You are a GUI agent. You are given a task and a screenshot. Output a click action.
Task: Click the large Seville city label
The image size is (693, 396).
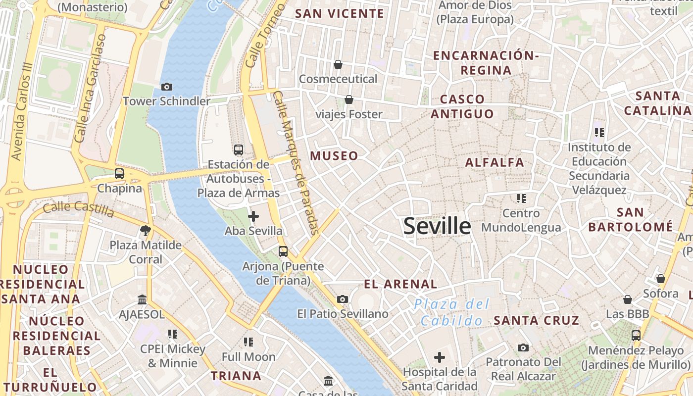click(x=437, y=226)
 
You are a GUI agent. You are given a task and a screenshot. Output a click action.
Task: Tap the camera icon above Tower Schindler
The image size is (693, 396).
click(x=167, y=87)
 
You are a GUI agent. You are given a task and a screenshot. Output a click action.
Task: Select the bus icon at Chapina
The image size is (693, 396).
click(x=119, y=174)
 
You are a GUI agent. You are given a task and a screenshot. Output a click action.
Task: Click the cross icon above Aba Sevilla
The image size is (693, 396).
click(x=253, y=216)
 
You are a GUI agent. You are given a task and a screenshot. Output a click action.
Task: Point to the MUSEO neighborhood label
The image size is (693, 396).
click(x=334, y=156)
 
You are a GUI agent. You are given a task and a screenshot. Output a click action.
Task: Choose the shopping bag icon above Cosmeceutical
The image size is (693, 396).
click(x=338, y=64)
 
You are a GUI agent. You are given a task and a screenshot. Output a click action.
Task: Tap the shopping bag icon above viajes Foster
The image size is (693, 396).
click(x=349, y=100)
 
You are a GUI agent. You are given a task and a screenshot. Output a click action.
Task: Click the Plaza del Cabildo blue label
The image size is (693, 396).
click(x=451, y=312)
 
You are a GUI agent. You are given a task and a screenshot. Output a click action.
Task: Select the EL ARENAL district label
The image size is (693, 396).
click(x=400, y=284)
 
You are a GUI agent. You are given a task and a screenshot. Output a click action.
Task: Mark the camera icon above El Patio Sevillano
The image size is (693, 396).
click(x=342, y=299)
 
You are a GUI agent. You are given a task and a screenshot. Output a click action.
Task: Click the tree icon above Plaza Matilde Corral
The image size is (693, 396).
click(x=145, y=230)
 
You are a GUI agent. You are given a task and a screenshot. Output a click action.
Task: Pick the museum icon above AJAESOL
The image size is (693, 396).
click(x=142, y=299)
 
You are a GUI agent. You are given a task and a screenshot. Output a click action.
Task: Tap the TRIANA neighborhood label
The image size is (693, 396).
click(x=236, y=376)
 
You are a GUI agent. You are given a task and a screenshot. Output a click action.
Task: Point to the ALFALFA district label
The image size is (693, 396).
click(x=495, y=162)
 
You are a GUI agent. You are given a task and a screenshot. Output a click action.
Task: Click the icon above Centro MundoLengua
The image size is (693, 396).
click(x=521, y=198)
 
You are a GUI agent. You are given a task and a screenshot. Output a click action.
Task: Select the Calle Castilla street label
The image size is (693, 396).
click(x=78, y=209)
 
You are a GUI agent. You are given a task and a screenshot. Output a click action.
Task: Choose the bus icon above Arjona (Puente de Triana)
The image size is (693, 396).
click(x=283, y=251)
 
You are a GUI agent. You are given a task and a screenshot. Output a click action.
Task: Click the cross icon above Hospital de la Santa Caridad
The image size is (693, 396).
click(x=439, y=357)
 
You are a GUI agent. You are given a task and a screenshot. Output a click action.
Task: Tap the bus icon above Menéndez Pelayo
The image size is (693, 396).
click(x=636, y=336)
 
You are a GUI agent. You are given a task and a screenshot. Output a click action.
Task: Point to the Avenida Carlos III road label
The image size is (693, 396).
click(x=24, y=111)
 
